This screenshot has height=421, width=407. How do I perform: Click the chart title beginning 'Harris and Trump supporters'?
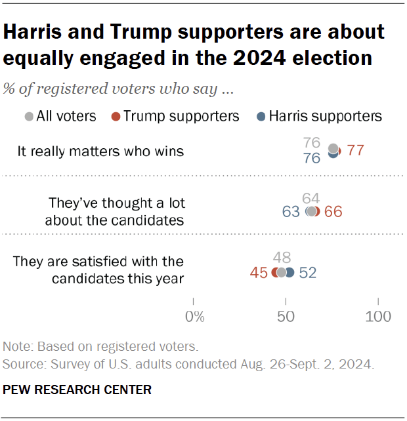(x=194, y=45)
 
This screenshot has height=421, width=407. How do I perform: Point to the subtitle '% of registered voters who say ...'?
(x=119, y=88)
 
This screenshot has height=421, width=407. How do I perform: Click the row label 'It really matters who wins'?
(x=100, y=151)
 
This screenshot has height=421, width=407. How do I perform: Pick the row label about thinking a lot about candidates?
(x=114, y=211)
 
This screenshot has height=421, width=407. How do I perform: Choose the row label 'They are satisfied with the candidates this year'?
(x=98, y=270)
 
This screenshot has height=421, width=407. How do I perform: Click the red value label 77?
(x=355, y=151)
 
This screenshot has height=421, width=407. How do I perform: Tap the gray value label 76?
(x=312, y=142)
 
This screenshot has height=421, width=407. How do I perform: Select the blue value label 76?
(x=312, y=159)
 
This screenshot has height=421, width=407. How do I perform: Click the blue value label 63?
(x=290, y=212)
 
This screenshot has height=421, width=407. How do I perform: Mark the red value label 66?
(x=333, y=212)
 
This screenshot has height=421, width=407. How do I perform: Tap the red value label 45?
(x=259, y=272)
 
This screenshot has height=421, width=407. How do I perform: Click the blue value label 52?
(x=307, y=272)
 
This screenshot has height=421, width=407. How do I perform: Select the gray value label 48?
(x=282, y=258)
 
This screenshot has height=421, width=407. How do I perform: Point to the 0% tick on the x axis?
(x=194, y=317)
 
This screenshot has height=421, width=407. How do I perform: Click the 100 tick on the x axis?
(x=378, y=317)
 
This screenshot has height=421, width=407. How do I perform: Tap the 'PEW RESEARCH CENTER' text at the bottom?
(x=77, y=390)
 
